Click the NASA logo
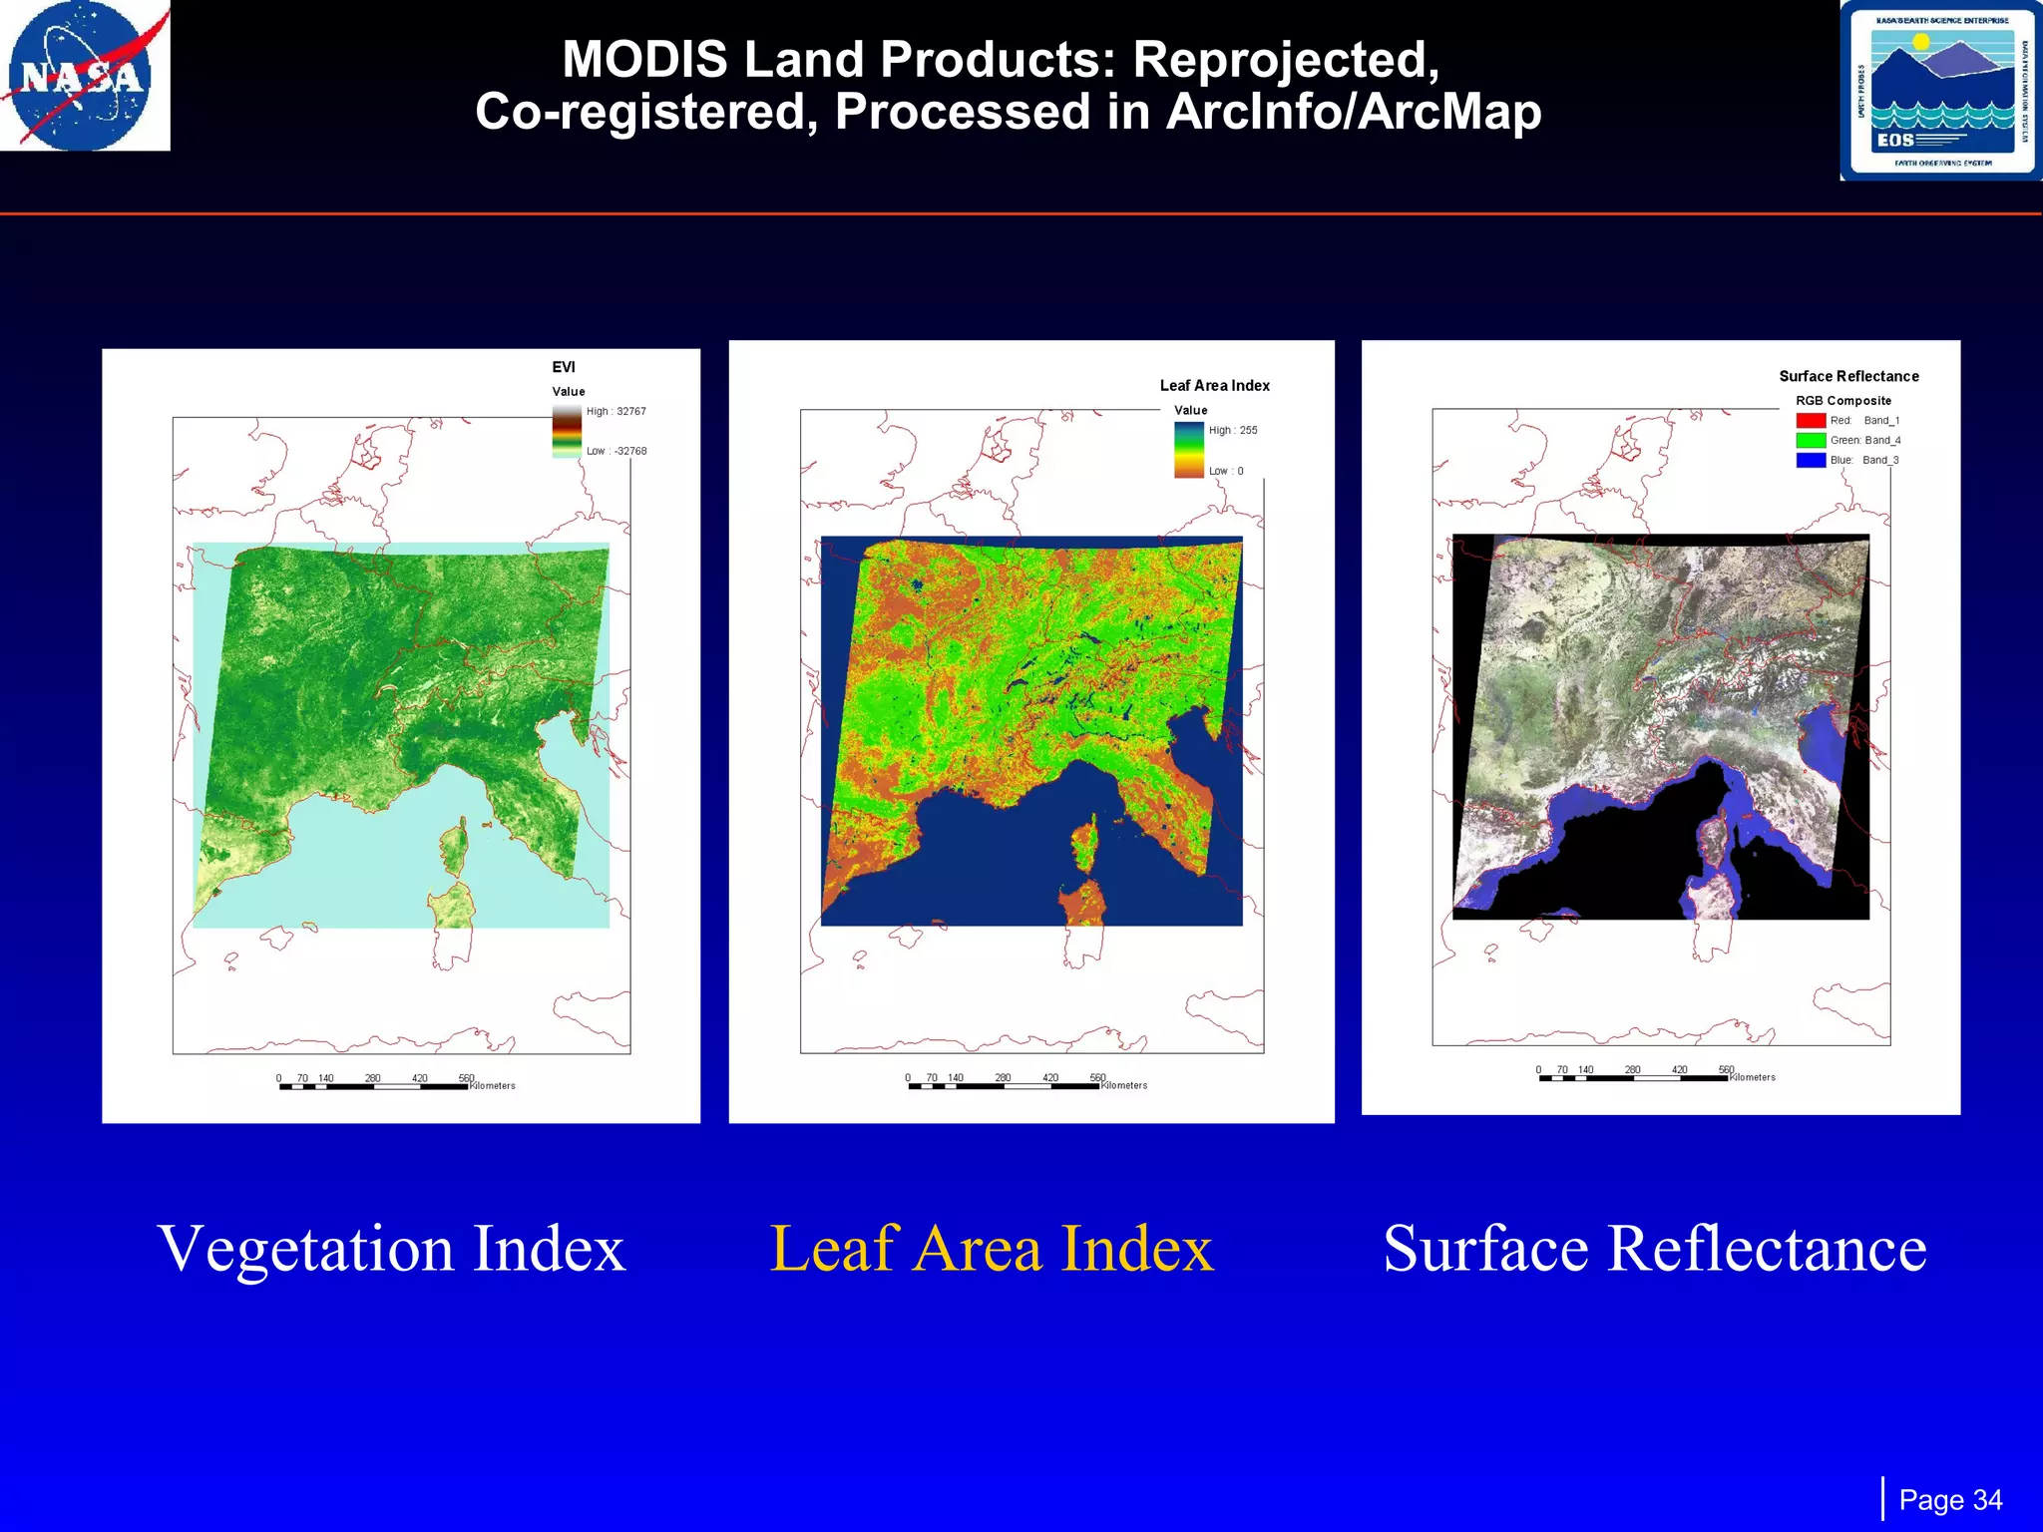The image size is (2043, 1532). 84,76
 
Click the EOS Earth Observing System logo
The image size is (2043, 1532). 1940,91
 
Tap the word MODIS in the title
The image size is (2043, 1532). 644,60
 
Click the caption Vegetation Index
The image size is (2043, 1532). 391,1248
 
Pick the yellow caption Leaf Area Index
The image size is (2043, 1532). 992,1248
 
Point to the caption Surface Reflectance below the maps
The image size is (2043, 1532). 1654,1248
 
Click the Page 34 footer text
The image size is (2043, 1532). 1949,1500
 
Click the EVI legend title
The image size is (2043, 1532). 564,367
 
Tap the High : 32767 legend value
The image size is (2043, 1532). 615,411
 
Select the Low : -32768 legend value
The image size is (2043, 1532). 615,451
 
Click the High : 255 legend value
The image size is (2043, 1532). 1232,431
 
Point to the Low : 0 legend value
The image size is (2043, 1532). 1225,471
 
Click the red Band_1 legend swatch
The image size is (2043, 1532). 1811,421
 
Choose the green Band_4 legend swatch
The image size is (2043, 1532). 1811,440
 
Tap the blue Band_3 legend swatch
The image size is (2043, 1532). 1811,460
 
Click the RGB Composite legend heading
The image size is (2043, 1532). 1842,401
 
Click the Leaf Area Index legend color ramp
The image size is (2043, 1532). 1188,450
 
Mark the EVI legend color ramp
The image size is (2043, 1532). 567,431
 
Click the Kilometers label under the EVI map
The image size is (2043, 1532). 493,1086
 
